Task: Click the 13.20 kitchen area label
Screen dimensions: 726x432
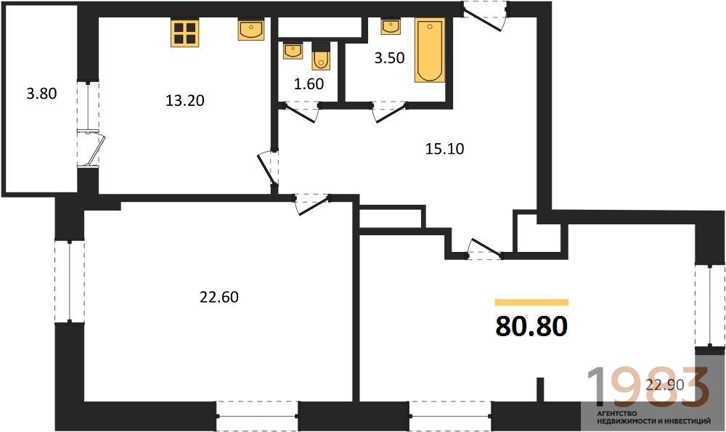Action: (x=185, y=100)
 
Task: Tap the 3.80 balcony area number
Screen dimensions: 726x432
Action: (x=41, y=94)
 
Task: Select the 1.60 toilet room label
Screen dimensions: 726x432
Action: (x=309, y=83)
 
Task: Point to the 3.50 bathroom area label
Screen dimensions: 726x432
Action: (x=389, y=58)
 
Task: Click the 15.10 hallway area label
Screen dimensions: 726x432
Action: (x=444, y=149)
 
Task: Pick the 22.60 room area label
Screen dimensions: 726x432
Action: (x=219, y=296)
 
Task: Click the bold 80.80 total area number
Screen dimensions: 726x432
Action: (x=531, y=326)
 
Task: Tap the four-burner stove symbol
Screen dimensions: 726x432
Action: (x=184, y=33)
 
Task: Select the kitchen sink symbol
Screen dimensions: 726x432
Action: (x=251, y=30)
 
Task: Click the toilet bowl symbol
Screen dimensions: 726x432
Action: (x=321, y=57)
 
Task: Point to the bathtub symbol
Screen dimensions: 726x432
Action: (x=430, y=51)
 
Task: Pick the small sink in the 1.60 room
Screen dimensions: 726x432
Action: (x=293, y=51)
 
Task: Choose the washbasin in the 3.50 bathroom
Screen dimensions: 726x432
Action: (x=391, y=27)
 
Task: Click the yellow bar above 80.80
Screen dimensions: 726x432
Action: (x=531, y=302)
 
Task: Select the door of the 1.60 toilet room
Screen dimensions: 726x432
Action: (x=301, y=113)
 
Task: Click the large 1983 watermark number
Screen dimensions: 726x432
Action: (x=648, y=386)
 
